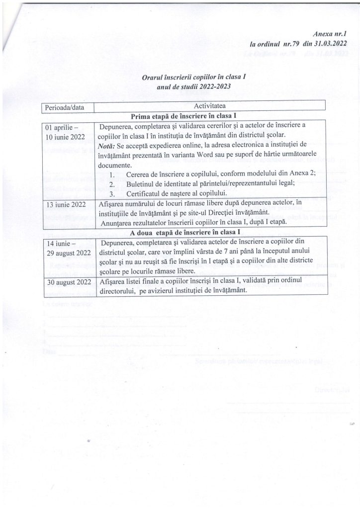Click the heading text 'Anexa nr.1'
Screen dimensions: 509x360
[x=330, y=35]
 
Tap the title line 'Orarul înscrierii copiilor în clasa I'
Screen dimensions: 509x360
[x=193, y=78]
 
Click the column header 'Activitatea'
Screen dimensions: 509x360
[x=209, y=106]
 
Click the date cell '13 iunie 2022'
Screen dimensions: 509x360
[x=65, y=203]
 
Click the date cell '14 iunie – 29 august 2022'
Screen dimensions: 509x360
[x=68, y=248]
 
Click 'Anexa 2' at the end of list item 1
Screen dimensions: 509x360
[x=302, y=174]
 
